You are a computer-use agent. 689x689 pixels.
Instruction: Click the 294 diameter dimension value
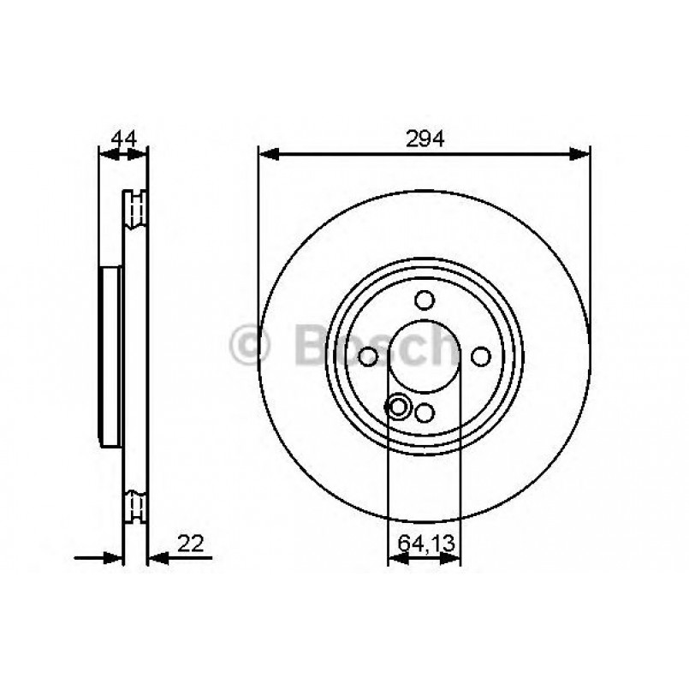click(425, 140)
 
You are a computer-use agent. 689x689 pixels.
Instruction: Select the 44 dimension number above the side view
click(124, 139)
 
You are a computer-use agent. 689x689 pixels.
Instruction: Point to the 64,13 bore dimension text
click(425, 542)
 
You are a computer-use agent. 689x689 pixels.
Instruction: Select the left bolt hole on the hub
click(368, 356)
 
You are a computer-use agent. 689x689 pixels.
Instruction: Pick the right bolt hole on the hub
click(481, 356)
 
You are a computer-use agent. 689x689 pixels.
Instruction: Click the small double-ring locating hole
click(398, 407)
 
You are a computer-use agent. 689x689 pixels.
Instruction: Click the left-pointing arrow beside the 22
click(159, 559)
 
